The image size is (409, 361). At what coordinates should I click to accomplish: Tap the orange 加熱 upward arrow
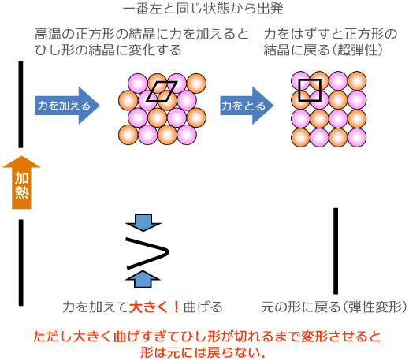point(21,183)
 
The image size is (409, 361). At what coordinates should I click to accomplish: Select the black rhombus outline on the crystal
point(163,92)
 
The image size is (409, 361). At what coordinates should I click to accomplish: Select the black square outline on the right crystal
point(310,91)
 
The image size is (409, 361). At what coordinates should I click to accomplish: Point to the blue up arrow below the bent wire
point(143,277)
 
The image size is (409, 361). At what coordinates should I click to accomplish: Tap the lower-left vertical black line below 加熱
point(21,262)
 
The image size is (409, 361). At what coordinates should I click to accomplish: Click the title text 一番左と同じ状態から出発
point(203,10)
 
